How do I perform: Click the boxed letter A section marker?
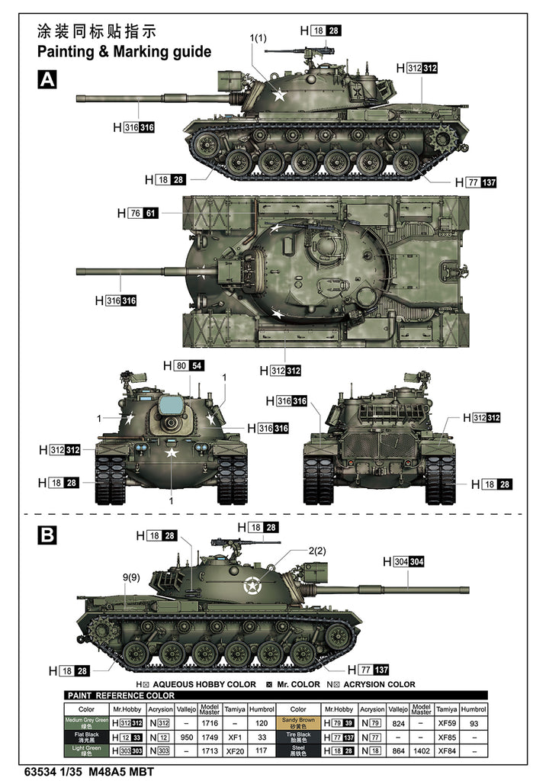tap(47, 80)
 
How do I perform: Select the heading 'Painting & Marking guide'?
tap(124, 51)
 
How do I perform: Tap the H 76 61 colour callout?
tap(137, 214)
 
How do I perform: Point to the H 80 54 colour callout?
tap(184, 366)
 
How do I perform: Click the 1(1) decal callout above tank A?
tap(258, 39)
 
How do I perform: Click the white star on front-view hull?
tap(172, 453)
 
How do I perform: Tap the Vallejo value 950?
tap(187, 737)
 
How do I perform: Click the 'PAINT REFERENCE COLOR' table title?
tap(121, 695)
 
